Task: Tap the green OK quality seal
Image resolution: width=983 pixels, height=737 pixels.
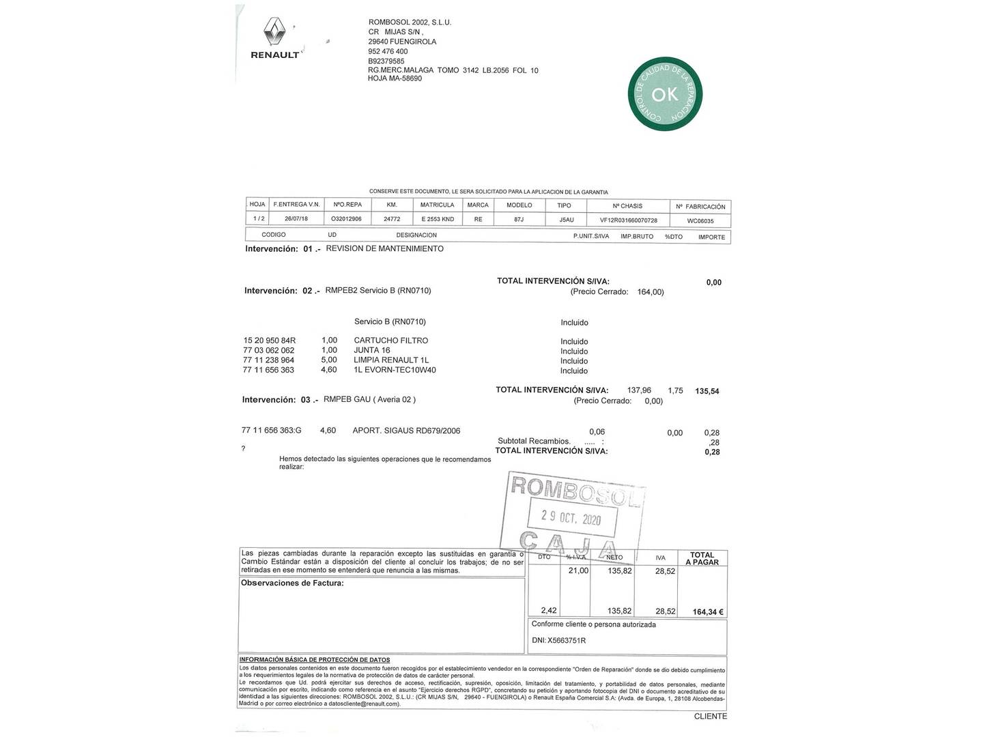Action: [x=665, y=94]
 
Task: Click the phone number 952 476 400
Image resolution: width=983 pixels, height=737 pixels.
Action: [x=388, y=51]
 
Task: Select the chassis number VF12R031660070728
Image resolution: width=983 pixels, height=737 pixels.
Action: [x=628, y=220]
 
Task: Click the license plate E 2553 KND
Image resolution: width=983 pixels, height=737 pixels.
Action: [x=437, y=220]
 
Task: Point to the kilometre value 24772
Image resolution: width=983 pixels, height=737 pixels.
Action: [x=392, y=220]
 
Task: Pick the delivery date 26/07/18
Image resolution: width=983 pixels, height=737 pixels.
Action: [x=296, y=219]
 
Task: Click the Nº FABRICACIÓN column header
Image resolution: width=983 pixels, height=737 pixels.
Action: [x=700, y=206]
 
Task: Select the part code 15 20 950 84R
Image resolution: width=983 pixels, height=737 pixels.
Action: [x=269, y=341]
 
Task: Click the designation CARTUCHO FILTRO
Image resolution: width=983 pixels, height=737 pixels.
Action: [x=390, y=341]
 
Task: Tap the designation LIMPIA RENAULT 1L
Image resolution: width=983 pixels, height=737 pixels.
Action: [x=391, y=360]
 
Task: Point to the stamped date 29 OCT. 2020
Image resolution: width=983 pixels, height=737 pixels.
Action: [x=571, y=518]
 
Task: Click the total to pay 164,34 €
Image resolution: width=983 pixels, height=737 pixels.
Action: [x=708, y=612]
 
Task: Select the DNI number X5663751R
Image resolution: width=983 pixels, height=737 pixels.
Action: [x=566, y=641]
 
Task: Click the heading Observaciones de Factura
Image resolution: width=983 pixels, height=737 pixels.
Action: [x=292, y=583]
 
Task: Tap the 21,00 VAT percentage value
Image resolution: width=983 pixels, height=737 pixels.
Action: [x=578, y=571]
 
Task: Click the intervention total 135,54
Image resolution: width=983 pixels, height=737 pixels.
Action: [x=707, y=392]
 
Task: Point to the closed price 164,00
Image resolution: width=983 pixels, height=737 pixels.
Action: [x=650, y=292]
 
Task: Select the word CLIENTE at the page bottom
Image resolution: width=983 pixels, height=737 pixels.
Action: [x=710, y=717]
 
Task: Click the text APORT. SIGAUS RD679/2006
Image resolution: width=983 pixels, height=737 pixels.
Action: [x=406, y=431]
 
